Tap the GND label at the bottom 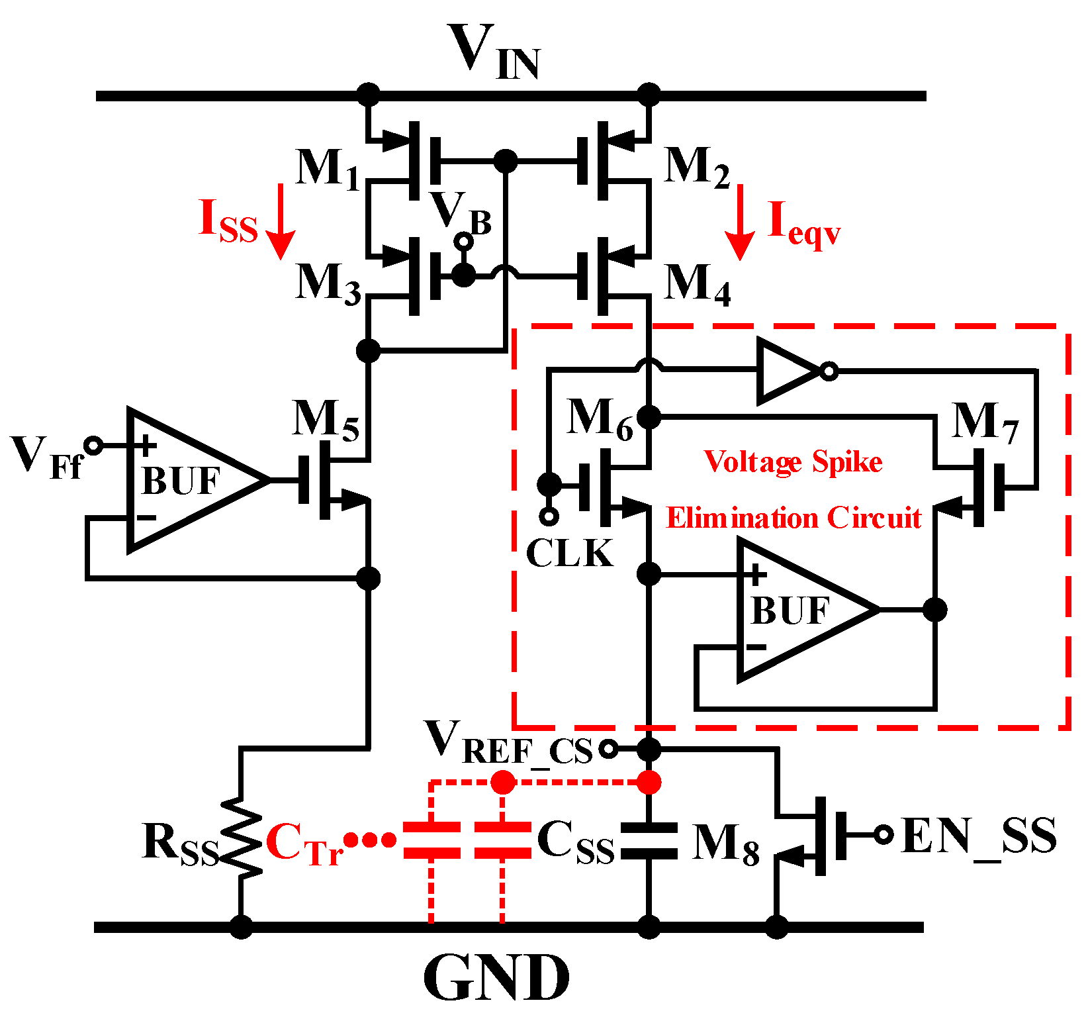coord(496,978)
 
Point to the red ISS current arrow coord(281,222)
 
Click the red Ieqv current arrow coord(739,222)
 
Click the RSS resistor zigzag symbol coord(241,838)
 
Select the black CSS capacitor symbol coord(649,841)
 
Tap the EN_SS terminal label coord(978,836)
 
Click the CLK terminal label coord(569,553)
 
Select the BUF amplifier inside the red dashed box coord(801,610)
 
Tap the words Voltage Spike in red coord(792,462)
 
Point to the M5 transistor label coord(326,420)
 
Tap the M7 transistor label coord(984,422)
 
